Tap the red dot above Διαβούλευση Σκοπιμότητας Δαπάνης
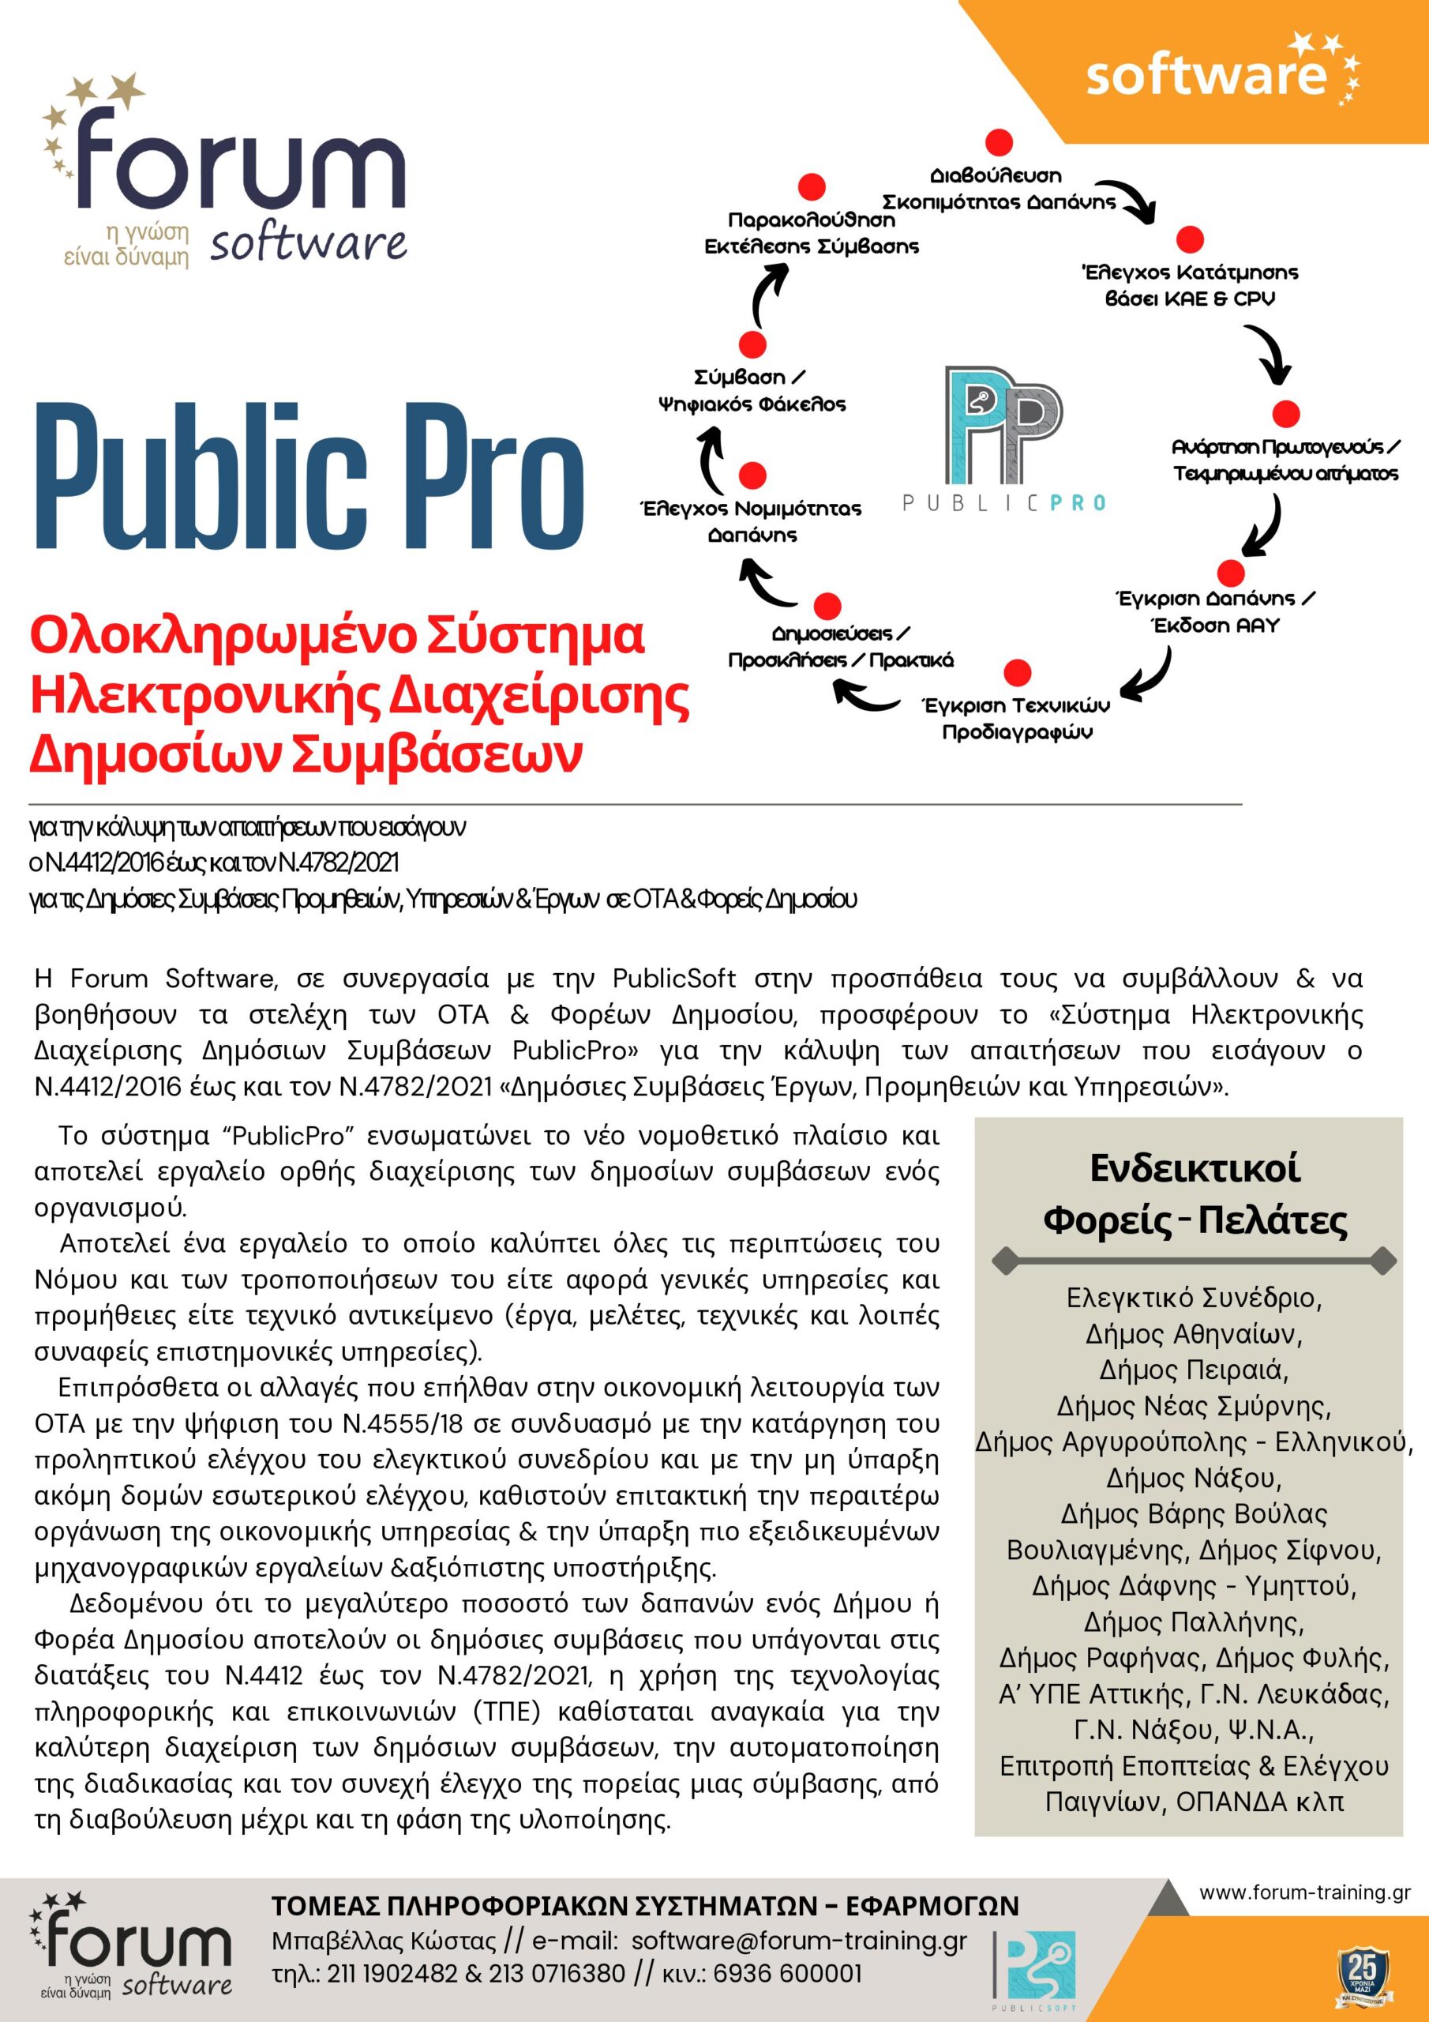pos(999,143)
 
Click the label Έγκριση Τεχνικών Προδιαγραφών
pos(1016,719)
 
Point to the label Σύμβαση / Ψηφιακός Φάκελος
pos(751,391)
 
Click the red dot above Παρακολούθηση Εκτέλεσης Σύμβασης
pos(811,186)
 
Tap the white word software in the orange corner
pos(1206,75)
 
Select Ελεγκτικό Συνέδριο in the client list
pos(1194,1297)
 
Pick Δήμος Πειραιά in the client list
pos(1194,1370)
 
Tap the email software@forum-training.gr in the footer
pos(799,1941)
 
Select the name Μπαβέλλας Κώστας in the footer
pos(384,1941)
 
